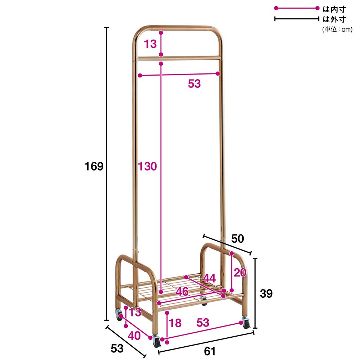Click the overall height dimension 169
point(94,166)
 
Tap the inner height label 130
point(147,166)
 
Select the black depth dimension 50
point(237,239)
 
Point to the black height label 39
point(266,293)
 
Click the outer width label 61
point(210,351)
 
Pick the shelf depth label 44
point(210,278)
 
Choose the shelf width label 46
point(182,292)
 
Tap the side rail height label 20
point(240,273)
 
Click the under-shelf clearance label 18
point(175,323)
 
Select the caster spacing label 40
point(134,336)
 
